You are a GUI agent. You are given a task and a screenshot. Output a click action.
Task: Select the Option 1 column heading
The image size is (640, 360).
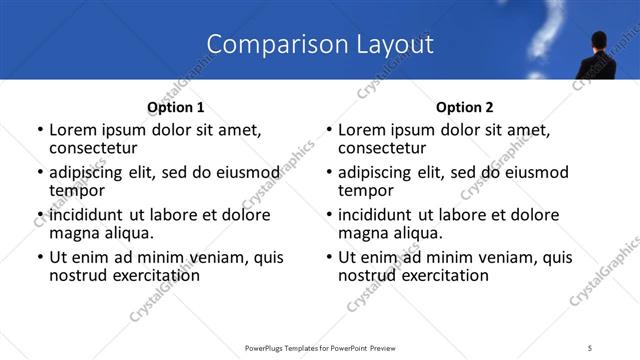[176, 106]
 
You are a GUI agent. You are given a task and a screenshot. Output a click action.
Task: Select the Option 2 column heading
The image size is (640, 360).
[464, 106]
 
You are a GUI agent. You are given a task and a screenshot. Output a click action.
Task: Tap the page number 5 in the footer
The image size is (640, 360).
[591, 347]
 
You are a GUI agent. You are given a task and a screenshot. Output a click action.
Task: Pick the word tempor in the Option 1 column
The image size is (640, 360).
[76, 190]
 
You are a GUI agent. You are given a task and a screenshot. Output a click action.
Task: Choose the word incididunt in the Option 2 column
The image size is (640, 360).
[375, 215]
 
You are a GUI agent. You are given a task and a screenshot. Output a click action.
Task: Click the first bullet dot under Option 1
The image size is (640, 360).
[39, 131]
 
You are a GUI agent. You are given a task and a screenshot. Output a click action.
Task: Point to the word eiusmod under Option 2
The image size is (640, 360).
[533, 172]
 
